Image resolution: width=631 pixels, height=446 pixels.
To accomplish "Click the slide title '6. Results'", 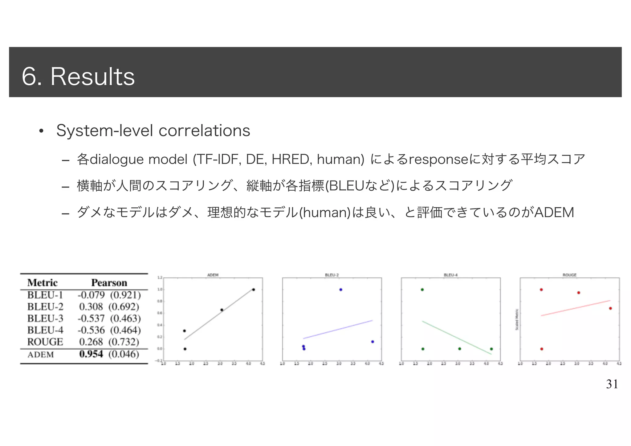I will [x=78, y=76].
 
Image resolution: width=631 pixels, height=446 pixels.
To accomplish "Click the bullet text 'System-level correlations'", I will [x=153, y=131].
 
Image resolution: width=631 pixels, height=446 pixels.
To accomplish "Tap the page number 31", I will [x=612, y=384].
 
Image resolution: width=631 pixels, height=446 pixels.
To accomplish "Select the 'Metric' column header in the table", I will [x=43, y=282].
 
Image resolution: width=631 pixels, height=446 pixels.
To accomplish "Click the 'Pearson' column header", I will [x=109, y=282].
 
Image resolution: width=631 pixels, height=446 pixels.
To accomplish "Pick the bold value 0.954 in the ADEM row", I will [x=91, y=354].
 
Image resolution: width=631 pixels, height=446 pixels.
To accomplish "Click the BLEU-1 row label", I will [x=45, y=295].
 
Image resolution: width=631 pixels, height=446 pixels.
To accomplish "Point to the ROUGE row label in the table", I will [x=45, y=342].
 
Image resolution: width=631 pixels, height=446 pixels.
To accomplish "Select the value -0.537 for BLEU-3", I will [x=91, y=318].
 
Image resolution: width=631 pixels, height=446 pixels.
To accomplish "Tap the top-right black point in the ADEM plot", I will [x=253, y=290].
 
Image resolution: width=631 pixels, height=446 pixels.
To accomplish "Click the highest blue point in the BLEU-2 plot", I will [x=340, y=290].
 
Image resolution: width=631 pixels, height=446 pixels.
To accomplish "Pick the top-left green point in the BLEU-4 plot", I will [x=422, y=290].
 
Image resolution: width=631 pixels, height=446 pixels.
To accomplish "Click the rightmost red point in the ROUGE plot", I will [x=610, y=308].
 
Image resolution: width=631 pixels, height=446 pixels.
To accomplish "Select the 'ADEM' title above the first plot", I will [x=213, y=275].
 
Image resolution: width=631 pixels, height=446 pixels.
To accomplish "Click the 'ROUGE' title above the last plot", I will [x=569, y=275].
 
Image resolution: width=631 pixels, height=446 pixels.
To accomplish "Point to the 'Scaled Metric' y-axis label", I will [x=517, y=320].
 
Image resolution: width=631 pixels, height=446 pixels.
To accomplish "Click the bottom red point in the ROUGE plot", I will [x=542, y=349].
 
